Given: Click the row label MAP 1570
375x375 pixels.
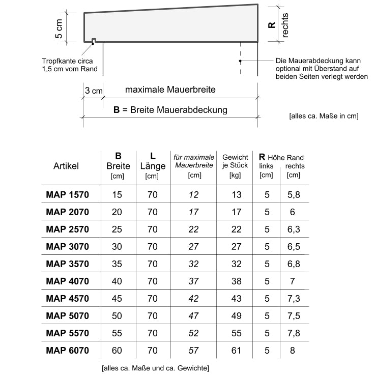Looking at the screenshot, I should click(x=67, y=195).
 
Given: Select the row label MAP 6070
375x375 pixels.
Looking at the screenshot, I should click(x=67, y=350).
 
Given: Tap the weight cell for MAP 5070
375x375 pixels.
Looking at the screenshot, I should click(x=236, y=315).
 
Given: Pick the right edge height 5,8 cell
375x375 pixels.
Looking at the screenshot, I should click(x=293, y=195).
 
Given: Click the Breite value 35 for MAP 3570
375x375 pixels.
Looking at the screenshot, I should click(x=117, y=264).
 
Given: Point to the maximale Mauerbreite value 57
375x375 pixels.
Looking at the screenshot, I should click(x=193, y=350).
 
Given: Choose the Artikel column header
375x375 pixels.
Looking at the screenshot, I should click(x=66, y=166).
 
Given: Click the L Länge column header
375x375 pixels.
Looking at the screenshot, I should click(x=152, y=166).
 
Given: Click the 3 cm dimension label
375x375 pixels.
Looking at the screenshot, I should click(x=94, y=91).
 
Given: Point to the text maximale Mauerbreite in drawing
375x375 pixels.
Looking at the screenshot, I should click(x=170, y=90).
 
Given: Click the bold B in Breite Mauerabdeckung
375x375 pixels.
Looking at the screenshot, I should click(x=116, y=109).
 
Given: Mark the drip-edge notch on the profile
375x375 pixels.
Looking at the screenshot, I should click(x=94, y=40).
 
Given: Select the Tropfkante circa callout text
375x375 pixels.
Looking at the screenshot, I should click(x=67, y=66).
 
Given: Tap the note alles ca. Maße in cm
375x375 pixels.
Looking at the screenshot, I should click(x=324, y=116).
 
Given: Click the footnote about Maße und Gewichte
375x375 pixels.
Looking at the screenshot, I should click(x=155, y=367).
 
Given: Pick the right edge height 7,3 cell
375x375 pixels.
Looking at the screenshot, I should click(x=293, y=298).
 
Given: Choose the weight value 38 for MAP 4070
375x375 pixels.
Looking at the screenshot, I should click(x=236, y=281).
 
